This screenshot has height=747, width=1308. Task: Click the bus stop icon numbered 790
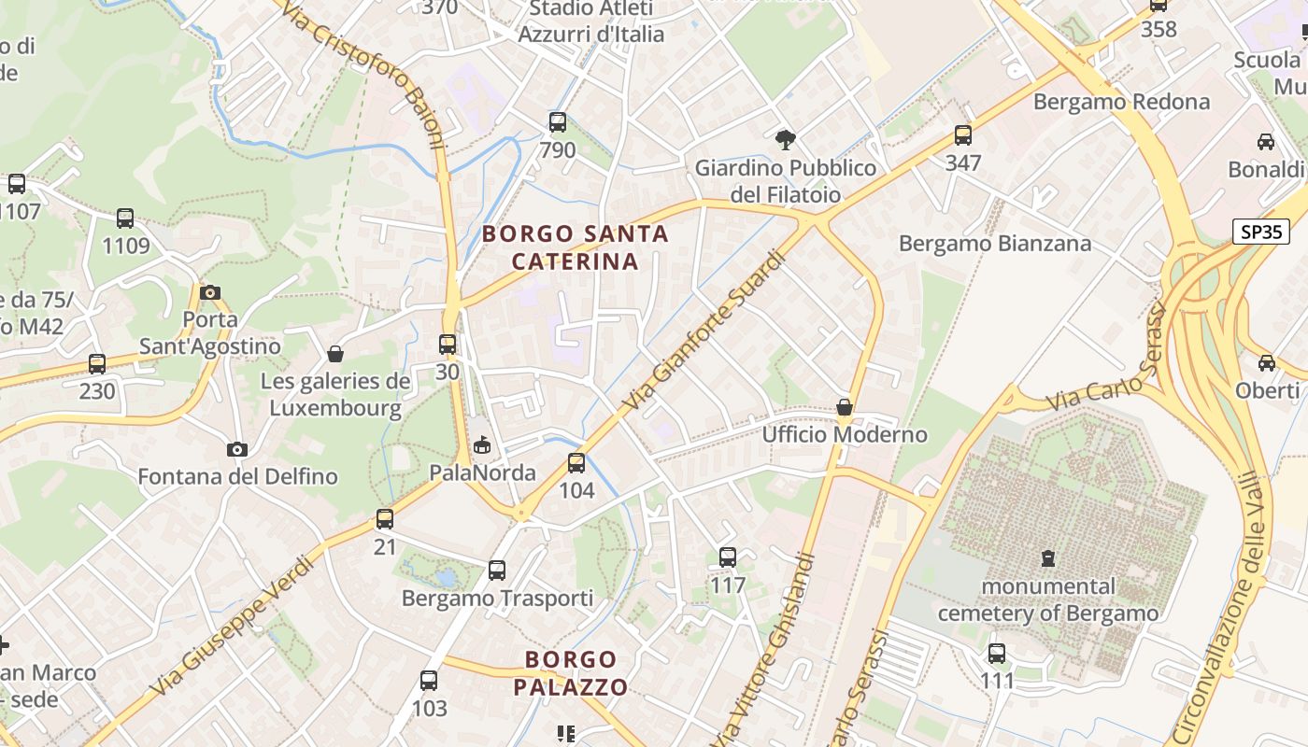point(558,121)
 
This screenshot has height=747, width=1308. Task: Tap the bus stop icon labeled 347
point(963,135)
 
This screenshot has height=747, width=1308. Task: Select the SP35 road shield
point(1261,232)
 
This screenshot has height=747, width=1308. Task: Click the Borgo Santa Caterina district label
point(576,247)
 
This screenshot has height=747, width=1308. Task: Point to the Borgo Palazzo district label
point(570,673)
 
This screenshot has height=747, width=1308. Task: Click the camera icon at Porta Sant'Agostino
point(210,292)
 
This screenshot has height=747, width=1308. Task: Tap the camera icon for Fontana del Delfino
point(237,449)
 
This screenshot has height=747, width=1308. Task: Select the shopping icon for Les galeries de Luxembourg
point(335,354)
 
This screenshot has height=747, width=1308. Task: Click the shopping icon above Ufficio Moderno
point(845,407)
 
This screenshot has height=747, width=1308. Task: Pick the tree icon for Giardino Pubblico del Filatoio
point(786,140)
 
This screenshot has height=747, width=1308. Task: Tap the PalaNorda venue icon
point(482,444)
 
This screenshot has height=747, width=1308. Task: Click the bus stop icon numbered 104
point(576,462)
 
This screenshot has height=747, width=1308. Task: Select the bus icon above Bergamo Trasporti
point(497,570)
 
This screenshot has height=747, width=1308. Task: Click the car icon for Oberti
point(1266,362)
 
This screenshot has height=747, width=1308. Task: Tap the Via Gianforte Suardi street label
point(700,331)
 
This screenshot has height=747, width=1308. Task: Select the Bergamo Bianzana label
point(995,244)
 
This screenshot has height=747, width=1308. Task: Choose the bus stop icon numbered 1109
point(125,218)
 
